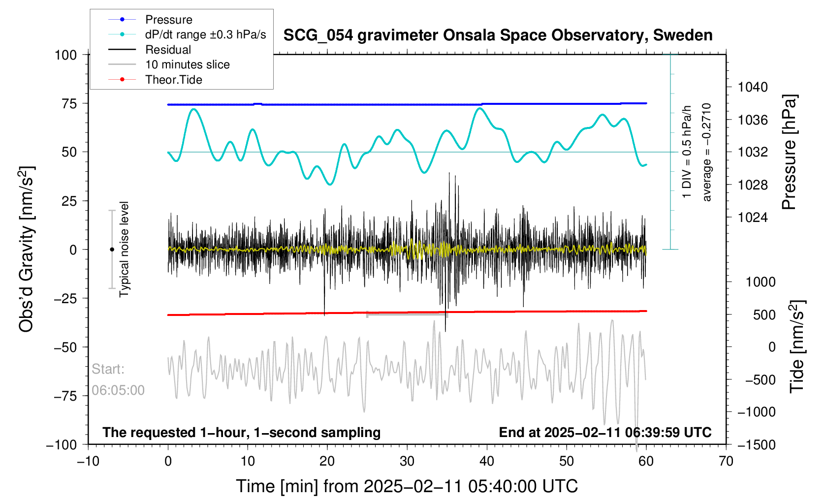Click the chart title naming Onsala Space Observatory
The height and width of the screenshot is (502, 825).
pos(498,35)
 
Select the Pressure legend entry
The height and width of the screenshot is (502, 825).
pos(168,20)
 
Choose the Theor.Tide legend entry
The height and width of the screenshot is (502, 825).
pos(173,80)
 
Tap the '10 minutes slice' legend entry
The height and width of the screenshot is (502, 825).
pos(187,64)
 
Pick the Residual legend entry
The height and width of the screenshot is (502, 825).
pos(168,50)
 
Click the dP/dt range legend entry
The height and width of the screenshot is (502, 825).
pos(205,34)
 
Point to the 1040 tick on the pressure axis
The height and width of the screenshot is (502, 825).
pos(753,88)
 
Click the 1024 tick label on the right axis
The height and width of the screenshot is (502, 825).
pos(753,218)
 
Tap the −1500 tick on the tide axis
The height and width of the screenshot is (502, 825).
pos(756,445)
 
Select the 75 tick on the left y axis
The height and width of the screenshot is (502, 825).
pos(69,103)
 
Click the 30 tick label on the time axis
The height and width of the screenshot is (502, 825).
pos(407,462)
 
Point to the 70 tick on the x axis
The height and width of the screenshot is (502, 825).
pos(726,462)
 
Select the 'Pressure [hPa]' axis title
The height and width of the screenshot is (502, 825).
pos(789,153)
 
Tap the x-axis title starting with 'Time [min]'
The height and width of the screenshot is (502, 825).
pos(407,486)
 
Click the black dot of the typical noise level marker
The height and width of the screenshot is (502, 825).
pos(112,250)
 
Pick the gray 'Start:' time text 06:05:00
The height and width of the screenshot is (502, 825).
pos(118,390)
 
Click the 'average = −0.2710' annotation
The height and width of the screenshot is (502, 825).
pos(707,153)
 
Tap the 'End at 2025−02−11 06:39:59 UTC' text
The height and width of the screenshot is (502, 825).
pos(605,433)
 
